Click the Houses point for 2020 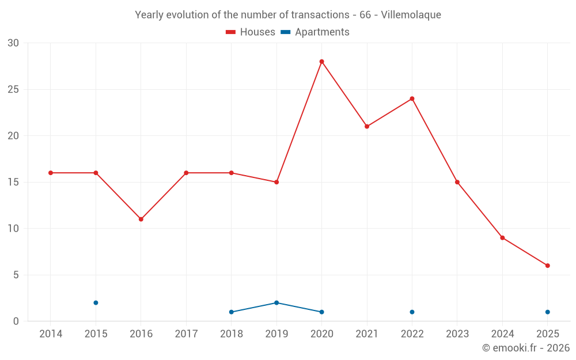tap(321, 62)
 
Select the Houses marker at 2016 tap(141, 219)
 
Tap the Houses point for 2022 tap(412, 98)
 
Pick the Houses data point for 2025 tap(547, 266)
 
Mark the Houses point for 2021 tap(367, 127)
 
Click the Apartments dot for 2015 tap(96, 303)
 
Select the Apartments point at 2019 tap(276, 303)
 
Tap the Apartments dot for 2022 tap(412, 312)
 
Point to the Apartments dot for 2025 tap(547, 312)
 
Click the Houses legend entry tap(251, 32)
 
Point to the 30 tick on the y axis tap(13, 43)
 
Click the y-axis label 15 tap(13, 182)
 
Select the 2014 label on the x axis tap(51, 334)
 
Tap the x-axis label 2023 tap(457, 334)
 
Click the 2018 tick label tap(232, 334)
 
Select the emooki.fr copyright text tap(526, 348)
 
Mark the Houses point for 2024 tap(502, 238)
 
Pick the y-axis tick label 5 tap(16, 275)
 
